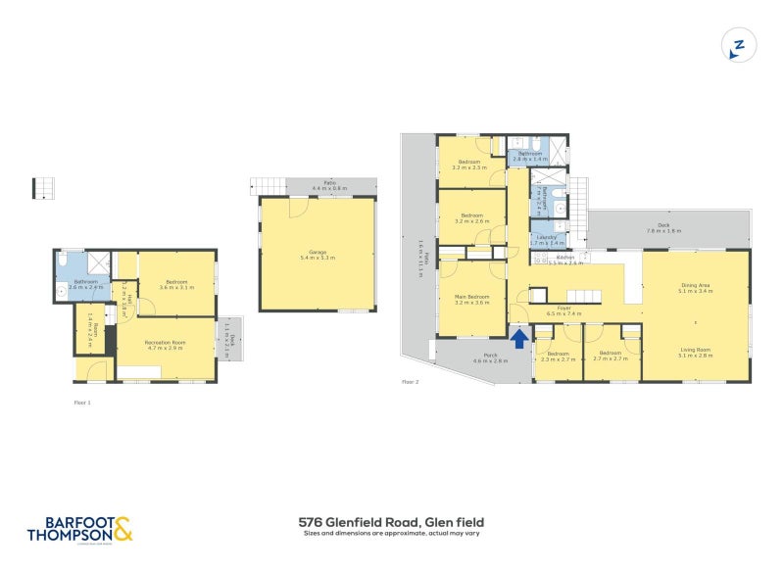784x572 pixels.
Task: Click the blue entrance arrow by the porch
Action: tap(519, 336)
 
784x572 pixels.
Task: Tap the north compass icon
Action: tap(739, 45)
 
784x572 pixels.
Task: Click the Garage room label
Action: tap(317, 255)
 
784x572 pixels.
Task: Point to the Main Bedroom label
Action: tap(471, 299)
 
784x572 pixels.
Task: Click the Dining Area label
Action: tap(696, 287)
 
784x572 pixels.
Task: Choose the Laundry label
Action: tap(547, 237)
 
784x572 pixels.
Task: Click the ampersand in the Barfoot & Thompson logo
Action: tap(122, 530)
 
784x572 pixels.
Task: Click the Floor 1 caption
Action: tap(82, 402)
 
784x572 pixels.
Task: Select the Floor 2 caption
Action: tap(410, 382)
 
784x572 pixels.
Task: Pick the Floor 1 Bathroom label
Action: tap(85, 284)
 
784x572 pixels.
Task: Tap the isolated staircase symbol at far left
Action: tap(41, 186)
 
